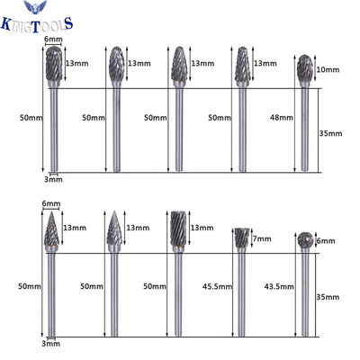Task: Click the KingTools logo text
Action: pyautogui.click(x=37, y=24)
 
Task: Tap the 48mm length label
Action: pyautogui.click(x=282, y=118)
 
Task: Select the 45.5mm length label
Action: pyautogui.click(x=217, y=286)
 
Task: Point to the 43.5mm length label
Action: pyautogui.click(x=279, y=286)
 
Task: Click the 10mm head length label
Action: pyautogui.click(x=328, y=69)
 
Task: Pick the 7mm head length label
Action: pyautogui.click(x=262, y=238)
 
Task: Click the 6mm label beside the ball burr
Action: pyautogui.click(x=326, y=241)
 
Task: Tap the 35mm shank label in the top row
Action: pyautogui.click(x=330, y=133)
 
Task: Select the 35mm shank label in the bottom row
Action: pyautogui.click(x=328, y=297)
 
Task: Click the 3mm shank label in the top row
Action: pyautogui.click(x=53, y=179)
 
